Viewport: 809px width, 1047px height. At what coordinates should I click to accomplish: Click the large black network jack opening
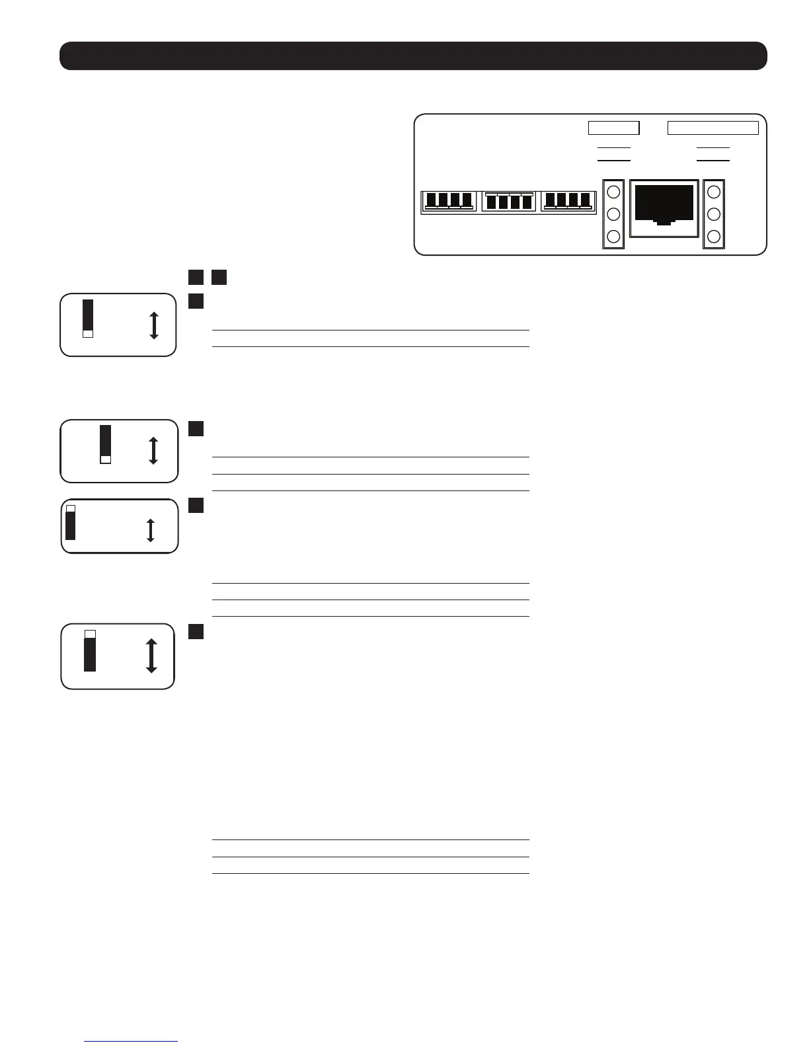pos(664,204)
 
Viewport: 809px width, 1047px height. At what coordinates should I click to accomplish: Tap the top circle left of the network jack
pos(613,192)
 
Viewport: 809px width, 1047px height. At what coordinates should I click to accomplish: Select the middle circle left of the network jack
pos(613,214)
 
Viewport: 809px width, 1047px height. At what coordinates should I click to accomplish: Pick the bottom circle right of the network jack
pos(714,237)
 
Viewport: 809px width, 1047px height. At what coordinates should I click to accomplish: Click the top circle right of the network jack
pos(714,192)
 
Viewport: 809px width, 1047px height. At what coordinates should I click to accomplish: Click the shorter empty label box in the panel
pos(613,128)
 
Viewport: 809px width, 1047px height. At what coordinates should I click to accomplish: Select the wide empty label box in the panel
pos(713,128)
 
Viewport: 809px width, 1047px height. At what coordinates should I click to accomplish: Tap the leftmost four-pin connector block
pos(449,201)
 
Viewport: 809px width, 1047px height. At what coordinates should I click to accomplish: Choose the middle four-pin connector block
pos(508,201)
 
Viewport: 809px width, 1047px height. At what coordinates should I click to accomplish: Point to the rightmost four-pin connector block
pos(568,201)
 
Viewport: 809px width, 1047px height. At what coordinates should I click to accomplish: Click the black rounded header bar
pos(413,56)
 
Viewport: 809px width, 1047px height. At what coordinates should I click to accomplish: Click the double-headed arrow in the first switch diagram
pos(154,325)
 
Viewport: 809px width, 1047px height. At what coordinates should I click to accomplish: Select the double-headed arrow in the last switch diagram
pos(151,656)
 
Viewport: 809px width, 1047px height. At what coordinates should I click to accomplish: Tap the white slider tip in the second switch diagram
pos(106,459)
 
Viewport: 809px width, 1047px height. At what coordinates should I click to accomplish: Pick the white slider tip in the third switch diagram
pos(71,508)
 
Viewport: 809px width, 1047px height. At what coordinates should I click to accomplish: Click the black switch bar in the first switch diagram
pos(88,315)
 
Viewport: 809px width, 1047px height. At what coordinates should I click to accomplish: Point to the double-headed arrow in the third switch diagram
pos(150,530)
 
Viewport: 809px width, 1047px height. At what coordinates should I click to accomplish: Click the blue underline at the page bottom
pos(131,1042)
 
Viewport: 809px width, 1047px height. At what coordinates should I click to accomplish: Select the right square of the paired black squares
pos(219,277)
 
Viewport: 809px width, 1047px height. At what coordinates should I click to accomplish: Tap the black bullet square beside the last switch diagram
pos(195,632)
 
